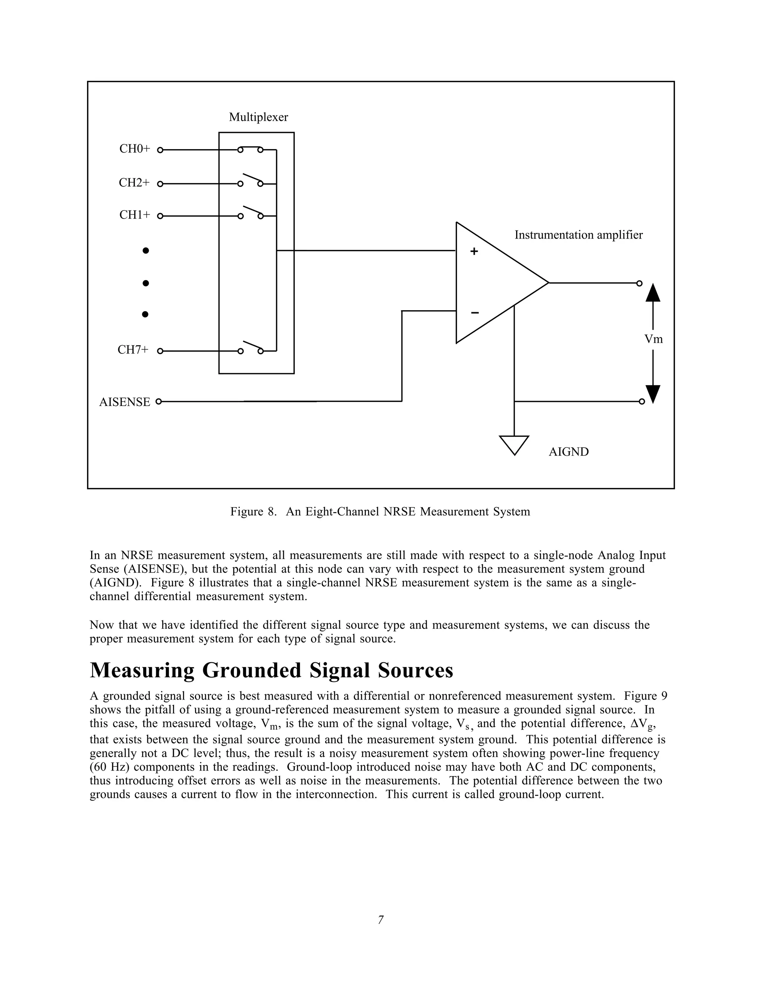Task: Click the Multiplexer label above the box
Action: (x=258, y=117)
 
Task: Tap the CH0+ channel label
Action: (x=134, y=149)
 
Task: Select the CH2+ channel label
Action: (x=134, y=183)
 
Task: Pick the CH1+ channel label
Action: (x=134, y=215)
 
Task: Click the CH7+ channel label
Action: (x=133, y=350)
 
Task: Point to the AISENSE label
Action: (x=125, y=402)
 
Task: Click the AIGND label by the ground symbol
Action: (x=569, y=452)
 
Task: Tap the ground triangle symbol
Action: (x=514, y=444)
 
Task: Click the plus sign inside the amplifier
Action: (x=474, y=252)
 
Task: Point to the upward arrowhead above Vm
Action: (x=653, y=293)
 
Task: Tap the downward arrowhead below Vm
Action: (x=653, y=393)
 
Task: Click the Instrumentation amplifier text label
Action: (x=578, y=235)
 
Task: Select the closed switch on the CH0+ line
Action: (x=250, y=149)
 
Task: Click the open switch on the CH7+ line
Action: (x=250, y=348)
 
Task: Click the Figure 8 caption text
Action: (x=380, y=512)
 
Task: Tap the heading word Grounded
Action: (x=252, y=670)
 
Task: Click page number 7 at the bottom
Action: (x=381, y=920)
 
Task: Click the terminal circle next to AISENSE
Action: (x=159, y=401)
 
